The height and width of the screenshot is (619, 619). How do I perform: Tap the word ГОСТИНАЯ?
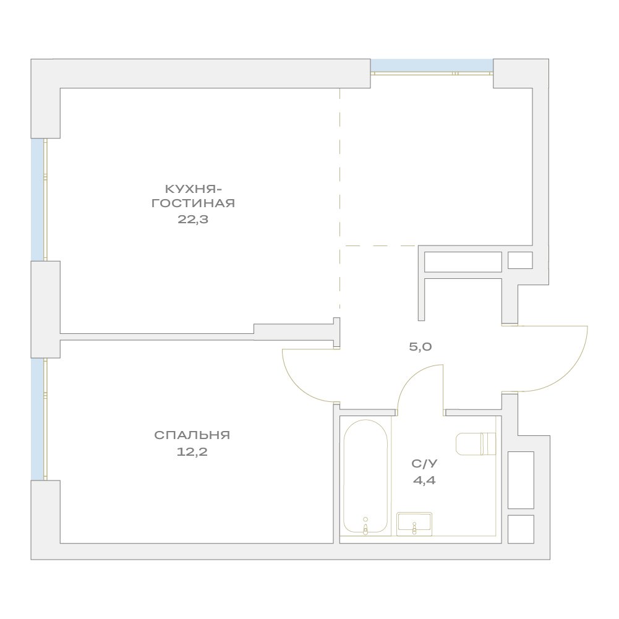pos(194,203)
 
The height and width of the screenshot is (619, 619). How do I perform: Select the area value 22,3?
pos(193,220)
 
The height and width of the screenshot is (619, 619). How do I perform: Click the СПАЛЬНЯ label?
pos(192,435)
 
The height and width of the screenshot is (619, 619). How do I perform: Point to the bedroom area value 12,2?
pos(192,451)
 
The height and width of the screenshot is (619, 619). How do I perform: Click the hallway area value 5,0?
pos(420,347)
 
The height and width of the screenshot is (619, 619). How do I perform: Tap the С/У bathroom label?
pos(424,464)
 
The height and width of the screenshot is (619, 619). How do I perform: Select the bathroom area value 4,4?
pos(424,480)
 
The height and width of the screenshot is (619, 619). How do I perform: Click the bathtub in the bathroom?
pos(365,477)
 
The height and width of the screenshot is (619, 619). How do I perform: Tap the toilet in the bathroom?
pos(476,444)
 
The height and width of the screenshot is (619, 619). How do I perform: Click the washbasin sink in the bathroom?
pos(414,524)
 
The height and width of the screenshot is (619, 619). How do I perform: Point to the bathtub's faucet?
pos(365,526)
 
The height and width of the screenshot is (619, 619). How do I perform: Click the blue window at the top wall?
pos(432,66)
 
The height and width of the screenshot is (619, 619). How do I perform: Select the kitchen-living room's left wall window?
pos(39,199)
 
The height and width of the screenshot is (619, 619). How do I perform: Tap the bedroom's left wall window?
pos(39,419)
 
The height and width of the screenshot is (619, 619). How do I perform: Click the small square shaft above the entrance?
pos(520,260)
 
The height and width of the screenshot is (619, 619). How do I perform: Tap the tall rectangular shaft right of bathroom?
pos(521,480)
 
